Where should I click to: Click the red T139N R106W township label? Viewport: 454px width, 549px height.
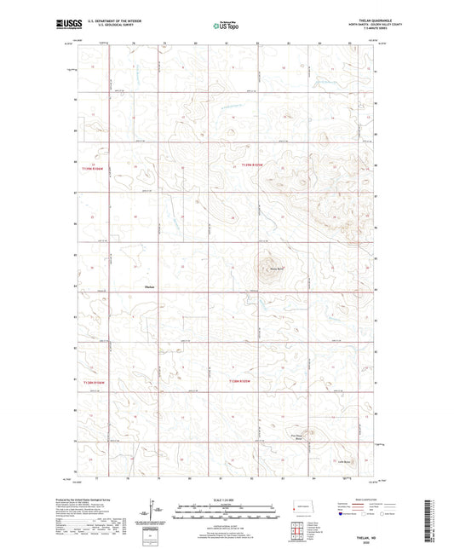tap(97, 169)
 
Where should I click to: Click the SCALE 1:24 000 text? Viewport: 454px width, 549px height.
tap(226, 500)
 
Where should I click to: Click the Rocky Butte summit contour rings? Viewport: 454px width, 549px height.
tap(270, 261)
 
